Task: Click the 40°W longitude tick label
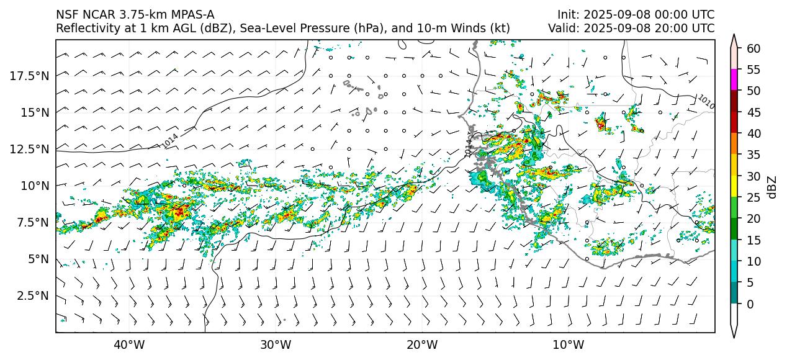pyautogui.click(x=129, y=344)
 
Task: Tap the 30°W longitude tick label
pyautogui.click(x=276, y=344)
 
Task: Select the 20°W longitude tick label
pyautogui.click(x=422, y=344)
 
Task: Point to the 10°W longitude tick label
pyautogui.click(x=568, y=344)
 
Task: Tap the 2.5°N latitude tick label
pyautogui.click(x=32, y=295)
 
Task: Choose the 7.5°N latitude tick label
pyautogui.click(x=32, y=222)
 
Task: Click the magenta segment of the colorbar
pyautogui.click(x=734, y=80)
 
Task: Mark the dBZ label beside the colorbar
pyautogui.click(x=772, y=186)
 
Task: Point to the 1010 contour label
pyautogui.click(x=706, y=102)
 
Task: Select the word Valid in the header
pyautogui.click(x=562, y=29)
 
